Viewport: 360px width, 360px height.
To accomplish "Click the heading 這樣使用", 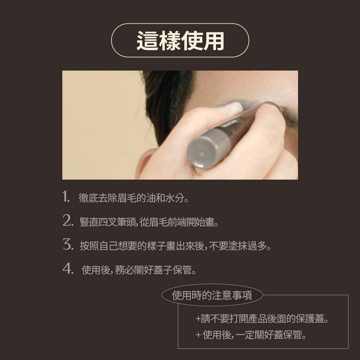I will (180, 40).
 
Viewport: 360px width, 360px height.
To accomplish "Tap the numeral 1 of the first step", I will (66, 197).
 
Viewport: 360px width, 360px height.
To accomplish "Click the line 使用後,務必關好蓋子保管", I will (139, 270).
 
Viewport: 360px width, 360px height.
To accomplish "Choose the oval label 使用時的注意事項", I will (212, 296).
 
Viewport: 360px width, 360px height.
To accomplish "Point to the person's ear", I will (144, 162).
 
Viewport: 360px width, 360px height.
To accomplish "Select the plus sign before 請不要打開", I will (198, 319).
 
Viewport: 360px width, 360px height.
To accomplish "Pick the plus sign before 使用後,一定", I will (198, 336).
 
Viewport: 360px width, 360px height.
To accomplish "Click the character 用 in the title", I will (213, 40).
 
